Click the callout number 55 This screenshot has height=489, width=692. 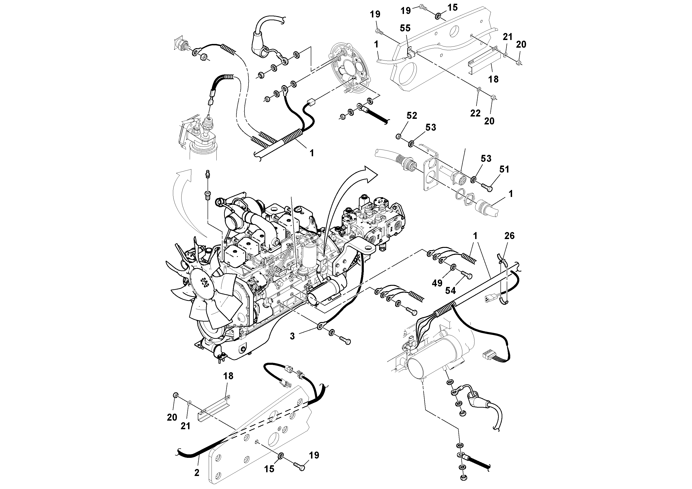405,28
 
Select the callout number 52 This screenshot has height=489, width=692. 412,116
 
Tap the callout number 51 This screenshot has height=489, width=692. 504,170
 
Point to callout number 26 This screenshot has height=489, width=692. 509,236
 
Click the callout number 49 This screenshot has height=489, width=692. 437,283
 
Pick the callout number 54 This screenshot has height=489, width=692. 450,290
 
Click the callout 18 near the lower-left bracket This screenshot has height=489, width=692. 228,376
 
